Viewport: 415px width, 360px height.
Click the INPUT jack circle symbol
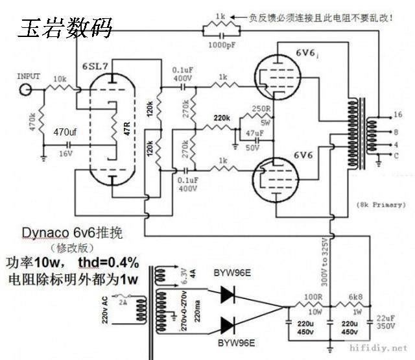(x=27, y=88)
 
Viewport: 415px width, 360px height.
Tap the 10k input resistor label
(x=60, y=78)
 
